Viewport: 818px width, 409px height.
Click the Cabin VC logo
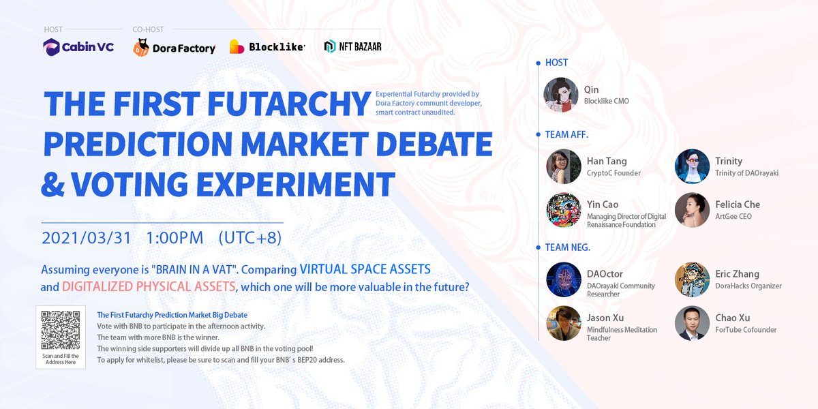pyautogui.click(x=78, y=47)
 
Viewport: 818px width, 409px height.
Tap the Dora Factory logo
pyautogui.click(x=175, y=47)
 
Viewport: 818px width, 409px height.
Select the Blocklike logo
pyautogui.click(x=267, y=47)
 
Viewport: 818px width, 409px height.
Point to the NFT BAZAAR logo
pyautogui.click(x=353, y=46)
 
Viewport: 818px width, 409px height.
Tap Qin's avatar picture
pyautogui.click(x=561, y=95)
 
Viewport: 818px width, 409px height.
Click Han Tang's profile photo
pyautogui.click(x=563, y=166)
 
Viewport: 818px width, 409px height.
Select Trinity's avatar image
pyautogui.click(x=692, y=166)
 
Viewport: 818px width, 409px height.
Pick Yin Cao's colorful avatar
pyautogui.click(x=563, y=210)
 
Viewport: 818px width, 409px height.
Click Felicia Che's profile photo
pyautogui.click(x=692, y=210)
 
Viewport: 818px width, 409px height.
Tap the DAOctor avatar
pyautogui.click(x=563, y=279)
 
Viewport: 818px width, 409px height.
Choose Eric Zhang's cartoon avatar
pyautogui.click(x=692, y=279)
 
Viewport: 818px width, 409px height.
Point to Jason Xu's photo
pyautogui.click(x=563, y=323)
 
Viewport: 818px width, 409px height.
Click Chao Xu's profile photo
pyautogui.click(x=692, y=323)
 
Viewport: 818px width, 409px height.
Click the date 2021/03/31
pyautogui.click(x=86, y=239)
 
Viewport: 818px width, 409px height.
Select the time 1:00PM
pyautogui.click(x=175, y=239)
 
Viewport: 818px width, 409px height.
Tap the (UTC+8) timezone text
pyautogui.click(x=249, y=239)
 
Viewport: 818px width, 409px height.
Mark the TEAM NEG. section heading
pyautogui.click(x=567, y=247)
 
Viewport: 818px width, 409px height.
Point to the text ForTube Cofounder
pyautogui.click(x=746, y=330)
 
